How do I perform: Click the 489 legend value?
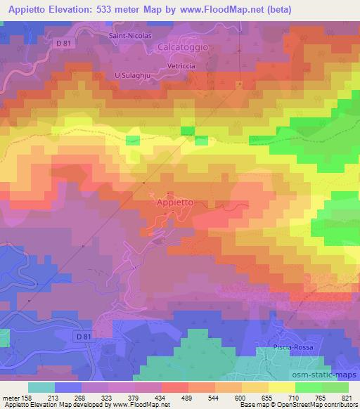pos(188,397)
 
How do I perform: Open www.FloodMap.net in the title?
pos(224,9)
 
